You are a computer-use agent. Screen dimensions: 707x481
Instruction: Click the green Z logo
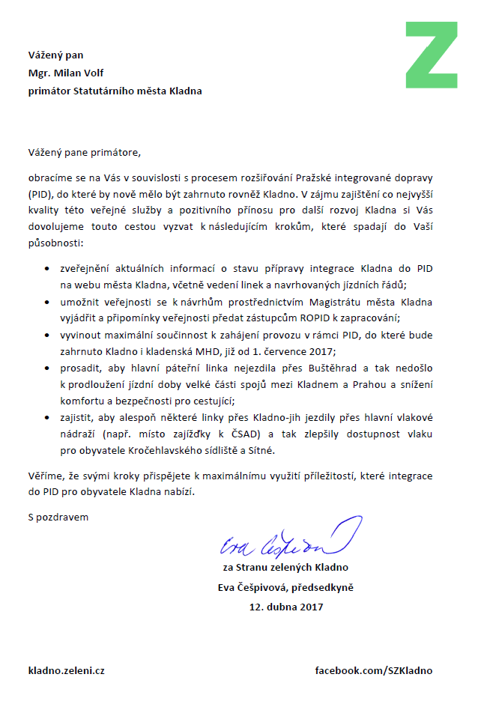click(x=431, y=55)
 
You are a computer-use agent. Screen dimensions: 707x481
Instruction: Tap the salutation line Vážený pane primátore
click(x=84, y=152)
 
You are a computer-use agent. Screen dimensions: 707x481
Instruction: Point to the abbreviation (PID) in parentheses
click(x=39, y=193)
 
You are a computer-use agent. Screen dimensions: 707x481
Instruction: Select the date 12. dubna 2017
click(x=286, y=607)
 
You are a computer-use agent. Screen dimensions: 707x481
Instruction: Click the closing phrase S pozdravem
click(x=58, y=517)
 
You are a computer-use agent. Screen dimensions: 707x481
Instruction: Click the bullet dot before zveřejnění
click(x=48, y=267)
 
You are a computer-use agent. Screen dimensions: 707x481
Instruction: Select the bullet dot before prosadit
click(x=48, y=368)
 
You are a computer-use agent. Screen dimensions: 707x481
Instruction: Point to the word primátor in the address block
click(x=49, y=91)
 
